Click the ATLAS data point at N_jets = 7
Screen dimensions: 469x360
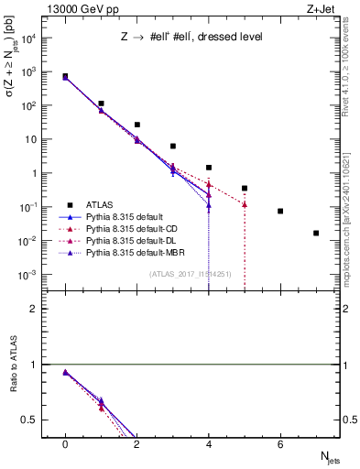pos(316,234)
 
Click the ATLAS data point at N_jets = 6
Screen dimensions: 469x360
pos(280,211)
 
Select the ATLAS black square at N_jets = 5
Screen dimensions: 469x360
pos(245,188)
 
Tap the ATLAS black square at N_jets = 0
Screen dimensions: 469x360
pos(65,76)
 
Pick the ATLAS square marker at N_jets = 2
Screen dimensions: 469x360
pos(137,125)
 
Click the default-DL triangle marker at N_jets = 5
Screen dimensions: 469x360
pos(245,204)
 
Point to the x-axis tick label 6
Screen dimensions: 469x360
pos(280,444)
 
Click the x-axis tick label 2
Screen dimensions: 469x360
pos(137,444)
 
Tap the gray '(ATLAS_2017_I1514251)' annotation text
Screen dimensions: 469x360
pos(190,274)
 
